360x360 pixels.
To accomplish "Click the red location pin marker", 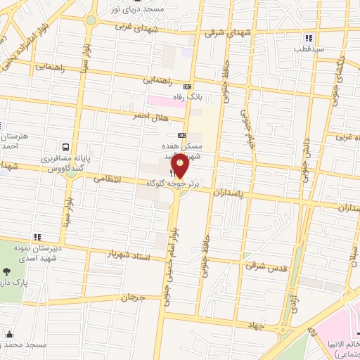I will [x=181, y=166].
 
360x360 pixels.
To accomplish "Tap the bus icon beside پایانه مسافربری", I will [x=65, y=147].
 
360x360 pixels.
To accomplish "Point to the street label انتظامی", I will [x=108, y=179].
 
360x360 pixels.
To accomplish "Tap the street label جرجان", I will [x=131, y=298].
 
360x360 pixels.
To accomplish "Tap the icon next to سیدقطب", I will [x=308, y=38].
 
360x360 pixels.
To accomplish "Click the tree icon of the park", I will [x=7, y=271].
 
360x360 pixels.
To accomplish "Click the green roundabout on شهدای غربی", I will [x=90, y=20].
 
